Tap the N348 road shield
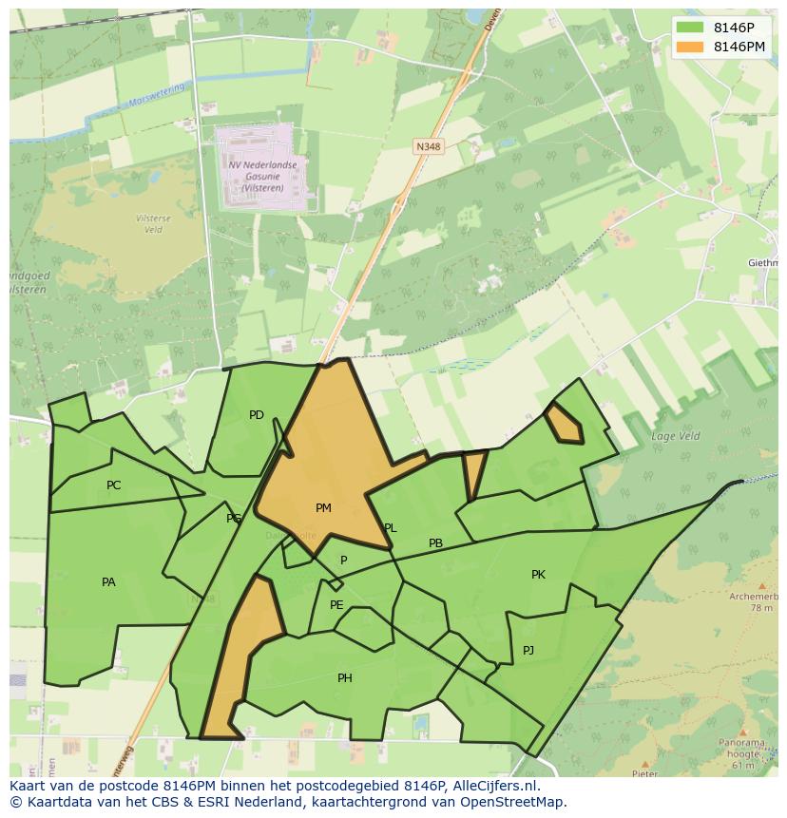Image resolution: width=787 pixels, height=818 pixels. pyautogui.click(x=428, y=146)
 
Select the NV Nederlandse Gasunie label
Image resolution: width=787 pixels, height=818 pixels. pyautogui.click(x=262, y=176)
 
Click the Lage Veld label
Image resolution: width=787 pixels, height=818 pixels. pyautogui.click(x=675, y=436)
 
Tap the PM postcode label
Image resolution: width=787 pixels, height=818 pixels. pyautogui.click(x=323, y=508)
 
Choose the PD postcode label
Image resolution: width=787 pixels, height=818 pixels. pyautogui.click(x=257, y=415)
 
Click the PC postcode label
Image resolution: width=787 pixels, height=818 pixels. pyautogui.click(x=114, y=485)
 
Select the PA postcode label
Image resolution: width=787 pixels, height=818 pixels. pyautogui.click(x=108, y=582)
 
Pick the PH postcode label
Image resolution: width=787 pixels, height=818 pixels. pyautogui.click(x=345, y=678)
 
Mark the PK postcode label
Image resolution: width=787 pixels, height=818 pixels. pyautogui.click(x=538, y=575)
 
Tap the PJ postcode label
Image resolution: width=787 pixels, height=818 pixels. pyautogui.click(x=528, y=651)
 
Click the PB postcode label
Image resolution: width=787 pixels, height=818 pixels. pyautogui.click(x=435, y=544)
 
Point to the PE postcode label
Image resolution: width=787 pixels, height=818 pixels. pyautogui.click(x=336, y=605)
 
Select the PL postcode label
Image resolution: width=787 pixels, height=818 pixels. pyautogui.click(x=390, y=528)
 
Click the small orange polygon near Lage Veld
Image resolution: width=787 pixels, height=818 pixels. pyautogui.click(x=565, y=424)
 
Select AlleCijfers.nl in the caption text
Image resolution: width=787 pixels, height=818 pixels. pyautogui.click(x=494, y=786)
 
